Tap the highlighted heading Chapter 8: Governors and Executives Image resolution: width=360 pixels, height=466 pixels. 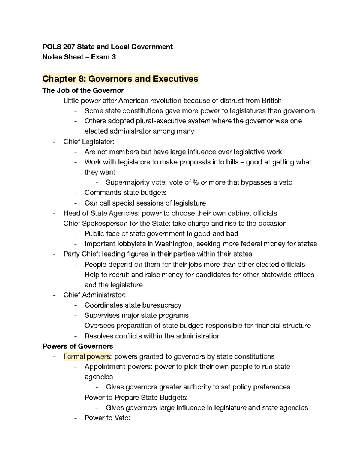tap(120, 79)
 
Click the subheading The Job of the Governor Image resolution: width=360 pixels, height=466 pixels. tap(83, 90)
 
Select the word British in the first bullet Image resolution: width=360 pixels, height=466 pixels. tap(271, 101)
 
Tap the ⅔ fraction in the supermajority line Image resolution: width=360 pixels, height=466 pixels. tap(196, 182)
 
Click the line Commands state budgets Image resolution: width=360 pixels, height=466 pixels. tap(125, 193)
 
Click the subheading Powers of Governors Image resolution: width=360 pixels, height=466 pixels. tap(78, 346)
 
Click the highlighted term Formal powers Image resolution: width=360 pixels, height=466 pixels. tap(87, 356)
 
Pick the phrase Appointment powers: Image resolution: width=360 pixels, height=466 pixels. tap(118, 367)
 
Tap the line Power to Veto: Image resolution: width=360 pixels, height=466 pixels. tap(107, 418)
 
